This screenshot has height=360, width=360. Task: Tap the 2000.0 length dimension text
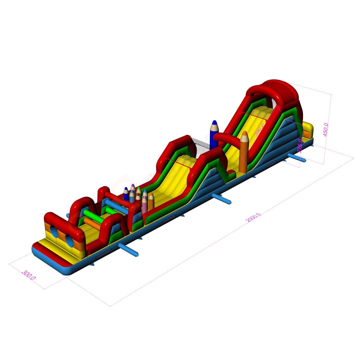click(x=253, y=218)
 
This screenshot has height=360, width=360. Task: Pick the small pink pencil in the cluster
click(x=145, y=205)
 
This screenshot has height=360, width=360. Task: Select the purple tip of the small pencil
click(x=133, y=186)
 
